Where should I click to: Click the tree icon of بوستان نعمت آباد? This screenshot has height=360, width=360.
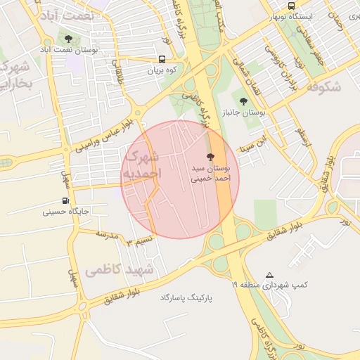tap(68, 39)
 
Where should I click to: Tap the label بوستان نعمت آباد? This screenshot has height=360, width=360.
tap(68, 51)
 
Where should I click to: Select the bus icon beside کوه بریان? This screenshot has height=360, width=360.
tap(162, 60)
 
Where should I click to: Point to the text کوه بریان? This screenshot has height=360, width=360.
tap(163, 71)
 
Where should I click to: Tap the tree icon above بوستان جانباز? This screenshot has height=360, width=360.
tap(243, 101)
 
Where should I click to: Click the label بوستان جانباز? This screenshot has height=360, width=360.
tap(244, 112)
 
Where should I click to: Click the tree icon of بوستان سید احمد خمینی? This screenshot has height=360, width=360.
tap(210, 157)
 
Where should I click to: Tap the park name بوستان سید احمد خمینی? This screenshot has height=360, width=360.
tap(210, 174)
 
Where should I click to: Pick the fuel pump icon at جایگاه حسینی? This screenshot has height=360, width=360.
tap(66, 200)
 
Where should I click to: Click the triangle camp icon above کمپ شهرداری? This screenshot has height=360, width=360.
tap(270, 275)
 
